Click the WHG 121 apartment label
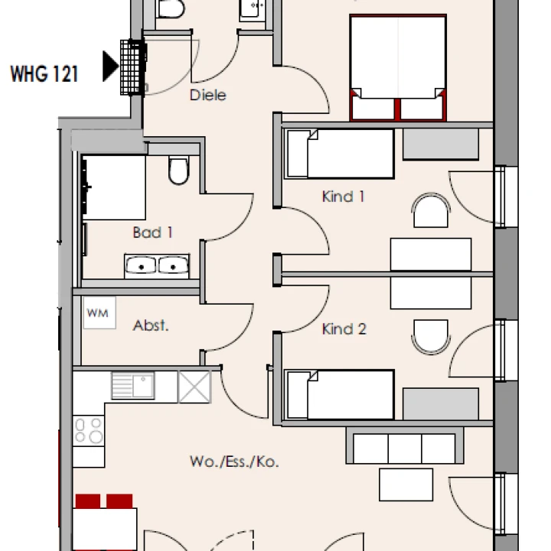pos(44,74)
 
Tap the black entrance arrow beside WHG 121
pos(110,66)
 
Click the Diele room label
pos(207,95)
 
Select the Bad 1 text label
pos(153,233)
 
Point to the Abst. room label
pos(151,325)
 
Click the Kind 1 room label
pos(344,197)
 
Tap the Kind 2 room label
pos(344,329)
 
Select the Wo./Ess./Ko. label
pos(234,461)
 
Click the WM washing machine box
pos(99,313)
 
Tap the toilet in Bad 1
pos(178,170)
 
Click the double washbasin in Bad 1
pos(157,266)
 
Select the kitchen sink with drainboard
pos(133,386)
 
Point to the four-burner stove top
pos(89,430)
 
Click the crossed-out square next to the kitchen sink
pos(194,387)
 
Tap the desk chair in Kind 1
pos(431,210)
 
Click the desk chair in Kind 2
pos(431,337)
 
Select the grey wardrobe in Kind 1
pos(441,144)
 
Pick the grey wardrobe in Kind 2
pos(441,404)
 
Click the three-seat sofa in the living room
pos(405,445)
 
